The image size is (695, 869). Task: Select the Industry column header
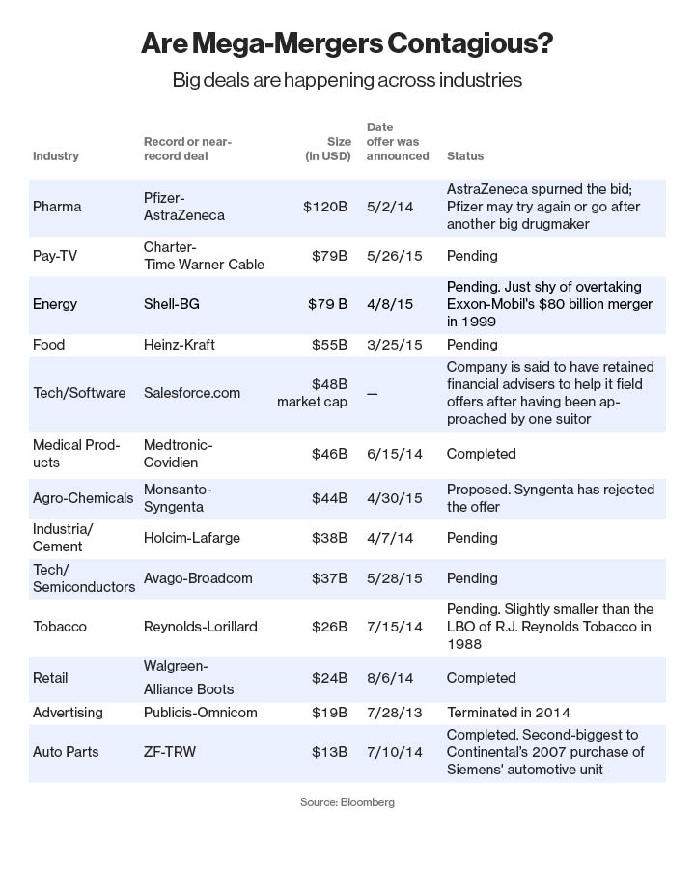(x=56, y=155)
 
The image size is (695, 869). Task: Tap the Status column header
(x=465, y=155)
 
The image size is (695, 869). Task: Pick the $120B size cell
(x=325, y=207)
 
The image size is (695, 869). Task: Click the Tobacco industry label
(x=60, y=627)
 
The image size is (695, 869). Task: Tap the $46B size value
(x=329, y=454)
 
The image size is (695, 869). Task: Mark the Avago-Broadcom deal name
(x=198, y=578)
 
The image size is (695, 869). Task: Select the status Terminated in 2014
(x=513, y=713)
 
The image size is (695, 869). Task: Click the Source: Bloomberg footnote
(x=347, y=802)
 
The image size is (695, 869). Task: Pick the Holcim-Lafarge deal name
(x=192, y=538)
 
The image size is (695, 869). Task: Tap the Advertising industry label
(x=68, y=713)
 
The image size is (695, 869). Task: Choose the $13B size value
(x=329, y=752)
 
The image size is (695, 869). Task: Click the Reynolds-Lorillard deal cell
(x=201, y=627)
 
